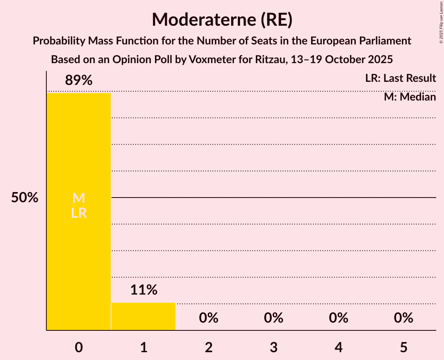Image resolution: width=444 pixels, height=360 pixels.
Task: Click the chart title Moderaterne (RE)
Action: tap(222, 19)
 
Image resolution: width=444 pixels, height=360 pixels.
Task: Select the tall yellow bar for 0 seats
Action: tap(79, 253)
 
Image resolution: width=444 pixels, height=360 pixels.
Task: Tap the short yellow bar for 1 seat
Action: tap(143, 316)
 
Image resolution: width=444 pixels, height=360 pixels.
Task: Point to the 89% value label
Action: tap(79, 81)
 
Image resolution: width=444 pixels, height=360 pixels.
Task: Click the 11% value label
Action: tap(143, 290)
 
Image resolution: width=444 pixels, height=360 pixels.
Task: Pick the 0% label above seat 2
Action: tap(209, 318)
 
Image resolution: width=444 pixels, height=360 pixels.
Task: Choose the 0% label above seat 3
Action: tap(274, 318)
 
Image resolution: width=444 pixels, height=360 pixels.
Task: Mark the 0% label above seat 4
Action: tap(338, 318)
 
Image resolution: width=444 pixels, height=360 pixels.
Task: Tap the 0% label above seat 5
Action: tap(403, 318)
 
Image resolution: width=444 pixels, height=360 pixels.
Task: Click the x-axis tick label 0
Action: tap(79, 347)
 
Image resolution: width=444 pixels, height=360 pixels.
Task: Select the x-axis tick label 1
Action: tap(143, 347)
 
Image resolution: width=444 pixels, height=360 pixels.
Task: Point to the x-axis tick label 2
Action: tap(209, 347)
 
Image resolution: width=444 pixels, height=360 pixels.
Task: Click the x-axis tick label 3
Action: tap(274, 347)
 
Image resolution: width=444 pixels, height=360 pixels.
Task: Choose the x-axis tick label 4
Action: tap(338, 347)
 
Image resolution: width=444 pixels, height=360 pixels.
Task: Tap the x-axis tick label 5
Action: tap(403, 347)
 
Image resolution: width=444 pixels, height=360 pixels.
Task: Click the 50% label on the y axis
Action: tap(25, 198)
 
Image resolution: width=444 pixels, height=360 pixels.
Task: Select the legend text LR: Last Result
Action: tap(400, 78)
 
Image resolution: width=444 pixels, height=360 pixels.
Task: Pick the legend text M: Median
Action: tap(410, 97)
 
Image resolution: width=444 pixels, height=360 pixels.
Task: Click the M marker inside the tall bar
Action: tap(79, 198)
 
